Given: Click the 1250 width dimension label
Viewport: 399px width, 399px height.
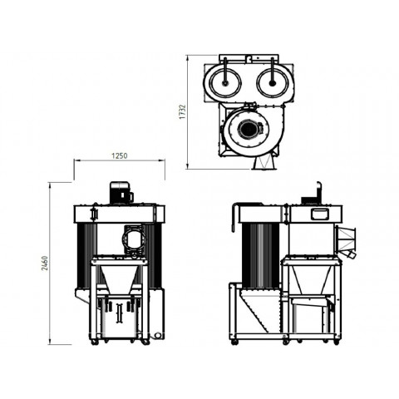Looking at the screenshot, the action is (120, 155).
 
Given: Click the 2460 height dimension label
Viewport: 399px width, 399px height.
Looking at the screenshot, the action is (45, 264).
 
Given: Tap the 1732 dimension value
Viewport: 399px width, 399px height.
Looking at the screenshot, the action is (182, 111).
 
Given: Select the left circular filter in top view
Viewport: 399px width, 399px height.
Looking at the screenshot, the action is (224, 82).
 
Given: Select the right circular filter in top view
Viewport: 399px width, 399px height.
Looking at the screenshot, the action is (273, 82).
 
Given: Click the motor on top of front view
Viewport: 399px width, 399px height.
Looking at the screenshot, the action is (121, 193).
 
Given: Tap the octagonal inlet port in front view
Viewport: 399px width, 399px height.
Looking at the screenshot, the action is (134, 238).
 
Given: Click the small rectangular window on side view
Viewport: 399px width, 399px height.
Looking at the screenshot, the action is (319, 214).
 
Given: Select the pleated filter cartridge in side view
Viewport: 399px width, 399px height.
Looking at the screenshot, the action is (260, 255).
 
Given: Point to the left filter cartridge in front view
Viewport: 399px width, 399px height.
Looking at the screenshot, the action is (86, 255).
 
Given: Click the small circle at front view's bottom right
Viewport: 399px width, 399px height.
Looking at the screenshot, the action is (157, 335).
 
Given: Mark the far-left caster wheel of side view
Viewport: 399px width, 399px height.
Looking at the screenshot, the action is (235, 342).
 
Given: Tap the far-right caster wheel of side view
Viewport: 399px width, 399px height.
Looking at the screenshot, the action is (336, 342).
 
